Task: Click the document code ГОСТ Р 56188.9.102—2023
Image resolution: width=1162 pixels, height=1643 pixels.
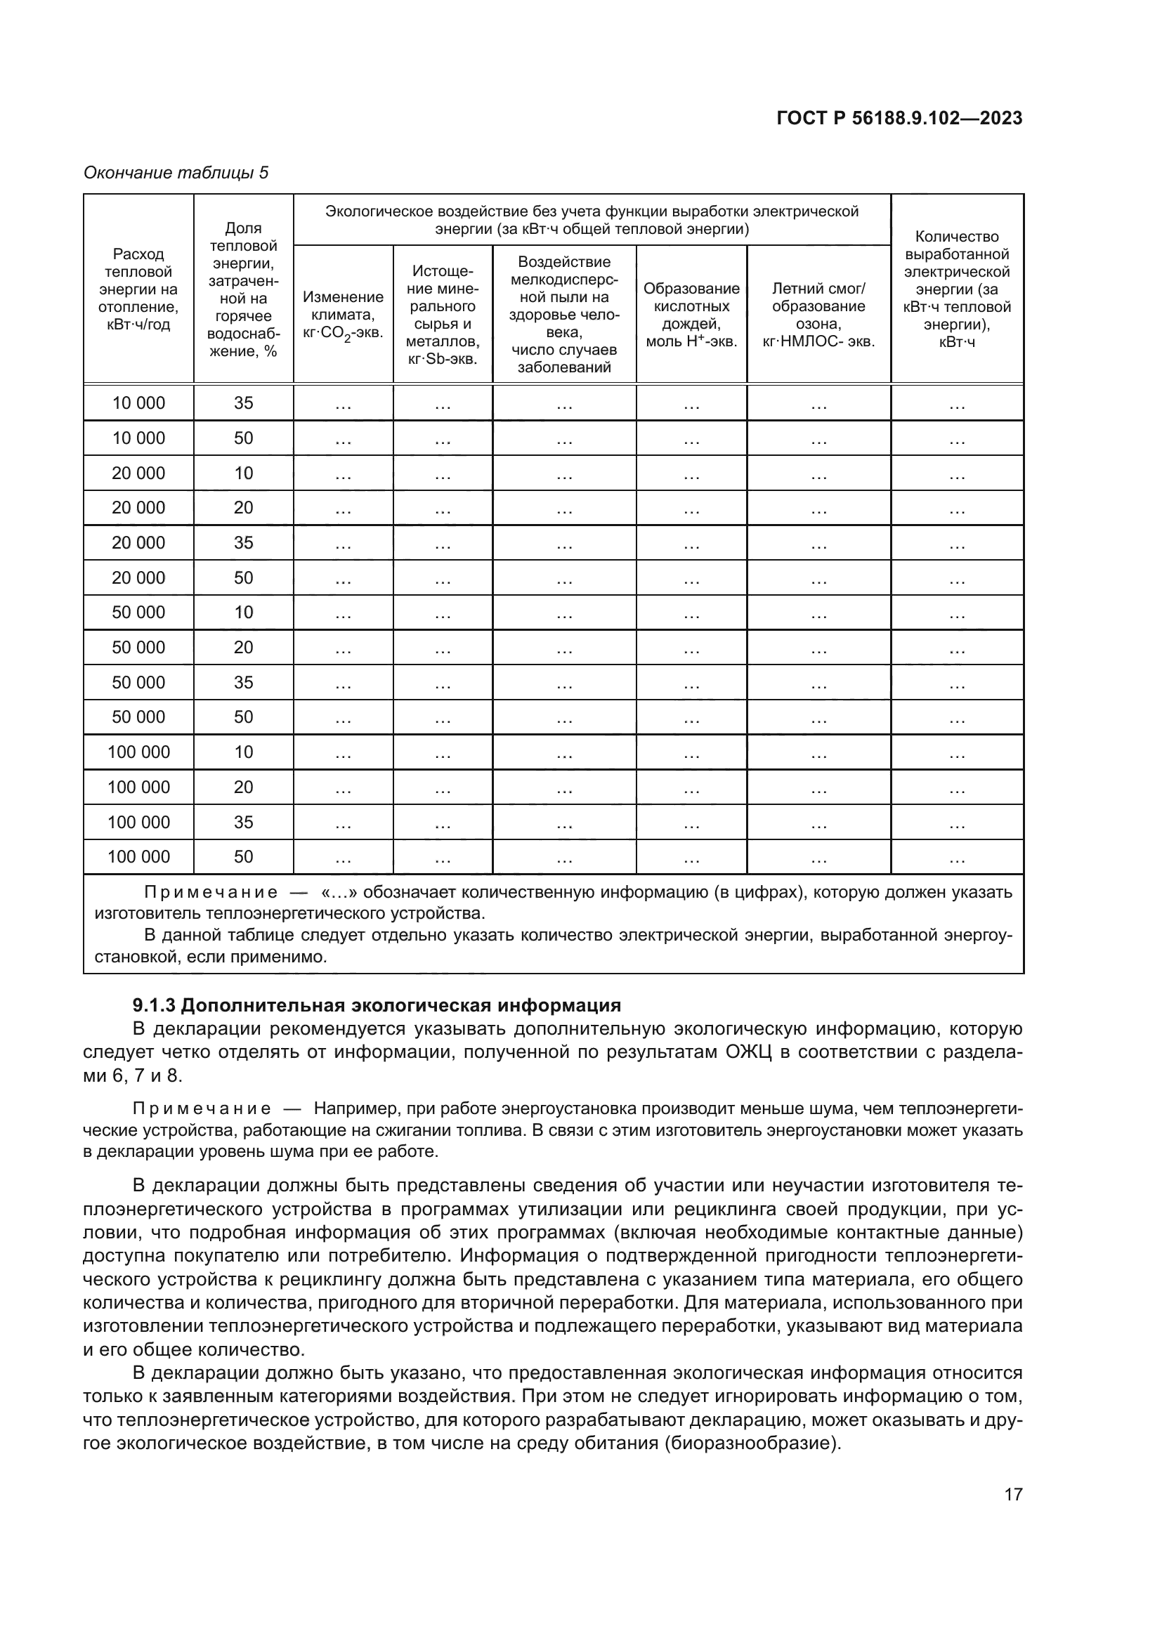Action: coord(899,118)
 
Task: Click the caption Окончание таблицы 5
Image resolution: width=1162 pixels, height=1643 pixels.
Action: coord(176,173)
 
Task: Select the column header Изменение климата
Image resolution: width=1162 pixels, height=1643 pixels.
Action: coord(343,315)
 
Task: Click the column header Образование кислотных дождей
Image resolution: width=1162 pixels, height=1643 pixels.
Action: coord(691,315)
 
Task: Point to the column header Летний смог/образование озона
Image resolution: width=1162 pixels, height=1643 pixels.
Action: coord(818,315)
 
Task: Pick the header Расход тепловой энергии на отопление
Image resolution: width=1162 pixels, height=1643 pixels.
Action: coord(138,289)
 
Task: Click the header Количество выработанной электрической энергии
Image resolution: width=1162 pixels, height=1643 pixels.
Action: coord(957,289)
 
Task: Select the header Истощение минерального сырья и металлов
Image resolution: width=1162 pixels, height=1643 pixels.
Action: coord(442,315)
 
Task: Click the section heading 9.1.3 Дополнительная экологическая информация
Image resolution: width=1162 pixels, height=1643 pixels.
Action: coord(377,1004)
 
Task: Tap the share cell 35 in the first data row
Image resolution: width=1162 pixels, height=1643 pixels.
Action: coord(243,403)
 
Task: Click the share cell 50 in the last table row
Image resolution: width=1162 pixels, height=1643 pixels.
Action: coord(243,856)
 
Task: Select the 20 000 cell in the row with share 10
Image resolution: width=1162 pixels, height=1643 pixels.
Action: coord(138,473)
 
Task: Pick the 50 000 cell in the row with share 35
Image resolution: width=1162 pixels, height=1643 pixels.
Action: coord(138,682)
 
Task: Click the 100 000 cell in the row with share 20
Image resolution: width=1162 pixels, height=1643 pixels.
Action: coord(138,787)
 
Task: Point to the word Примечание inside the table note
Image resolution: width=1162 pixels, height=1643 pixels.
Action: coord(211,892)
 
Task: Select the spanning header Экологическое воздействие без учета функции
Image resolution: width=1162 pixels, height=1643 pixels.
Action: coord(592,220)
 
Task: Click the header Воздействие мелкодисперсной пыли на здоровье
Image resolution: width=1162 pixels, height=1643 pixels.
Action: coord(564,315)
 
